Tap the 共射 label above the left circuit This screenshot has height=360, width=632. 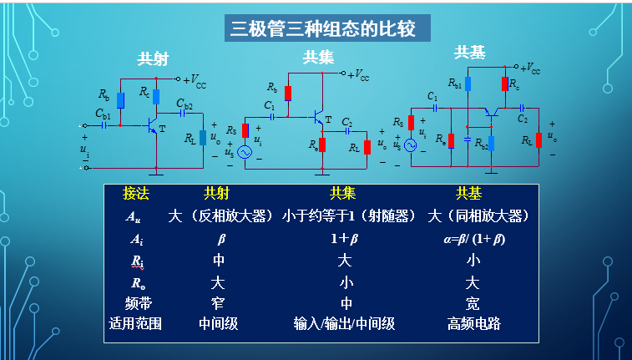click(153, 60)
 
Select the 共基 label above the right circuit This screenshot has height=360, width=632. click(469, 53)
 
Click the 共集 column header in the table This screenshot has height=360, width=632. click(342, 193)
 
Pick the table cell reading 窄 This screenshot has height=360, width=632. click(218, 302)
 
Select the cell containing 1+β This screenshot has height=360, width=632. click(343, 238)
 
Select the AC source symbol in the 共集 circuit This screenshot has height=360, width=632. click(245, 153)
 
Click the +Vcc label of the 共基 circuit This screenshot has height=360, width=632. click(526, 68)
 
